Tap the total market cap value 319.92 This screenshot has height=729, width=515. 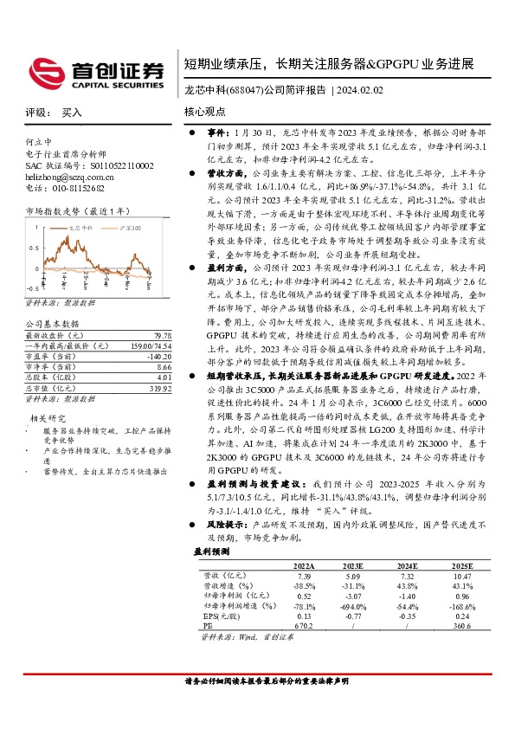click(159, 386)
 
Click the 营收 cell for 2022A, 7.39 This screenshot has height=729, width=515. click(303, 574)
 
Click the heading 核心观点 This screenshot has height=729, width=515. click(205, 113)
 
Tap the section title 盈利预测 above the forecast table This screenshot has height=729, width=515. click(209, 551)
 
